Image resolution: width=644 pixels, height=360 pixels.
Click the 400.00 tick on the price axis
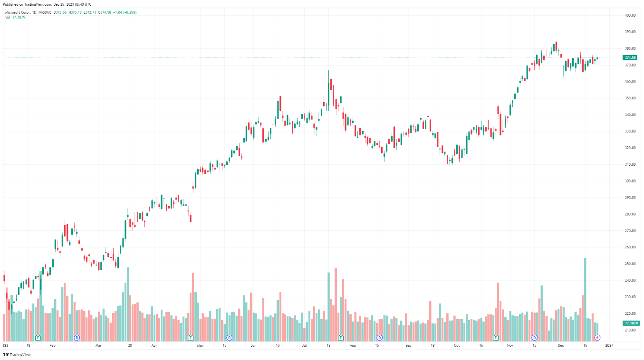tap(630, 15)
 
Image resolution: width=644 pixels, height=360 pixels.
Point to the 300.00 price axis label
tap(630, 181)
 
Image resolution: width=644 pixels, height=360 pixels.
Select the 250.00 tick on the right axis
tap(630, 264)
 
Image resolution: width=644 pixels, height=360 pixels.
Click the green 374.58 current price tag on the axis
tap(630, 57)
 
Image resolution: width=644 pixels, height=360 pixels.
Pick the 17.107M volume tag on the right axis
tap(631, 323)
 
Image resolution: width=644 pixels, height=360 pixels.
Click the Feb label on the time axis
tap(52, 346)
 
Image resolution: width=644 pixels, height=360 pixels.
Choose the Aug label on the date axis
tap(352, 346)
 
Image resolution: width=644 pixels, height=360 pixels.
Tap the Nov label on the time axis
tap(510, 346)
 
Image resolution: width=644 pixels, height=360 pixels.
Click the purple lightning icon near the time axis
tap(598, 338)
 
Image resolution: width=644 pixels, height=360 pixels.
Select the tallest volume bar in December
tap(585, 299)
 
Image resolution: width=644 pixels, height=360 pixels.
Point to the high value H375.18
tap(74, 12)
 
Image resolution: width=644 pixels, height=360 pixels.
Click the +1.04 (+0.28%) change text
tap(125, 12)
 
